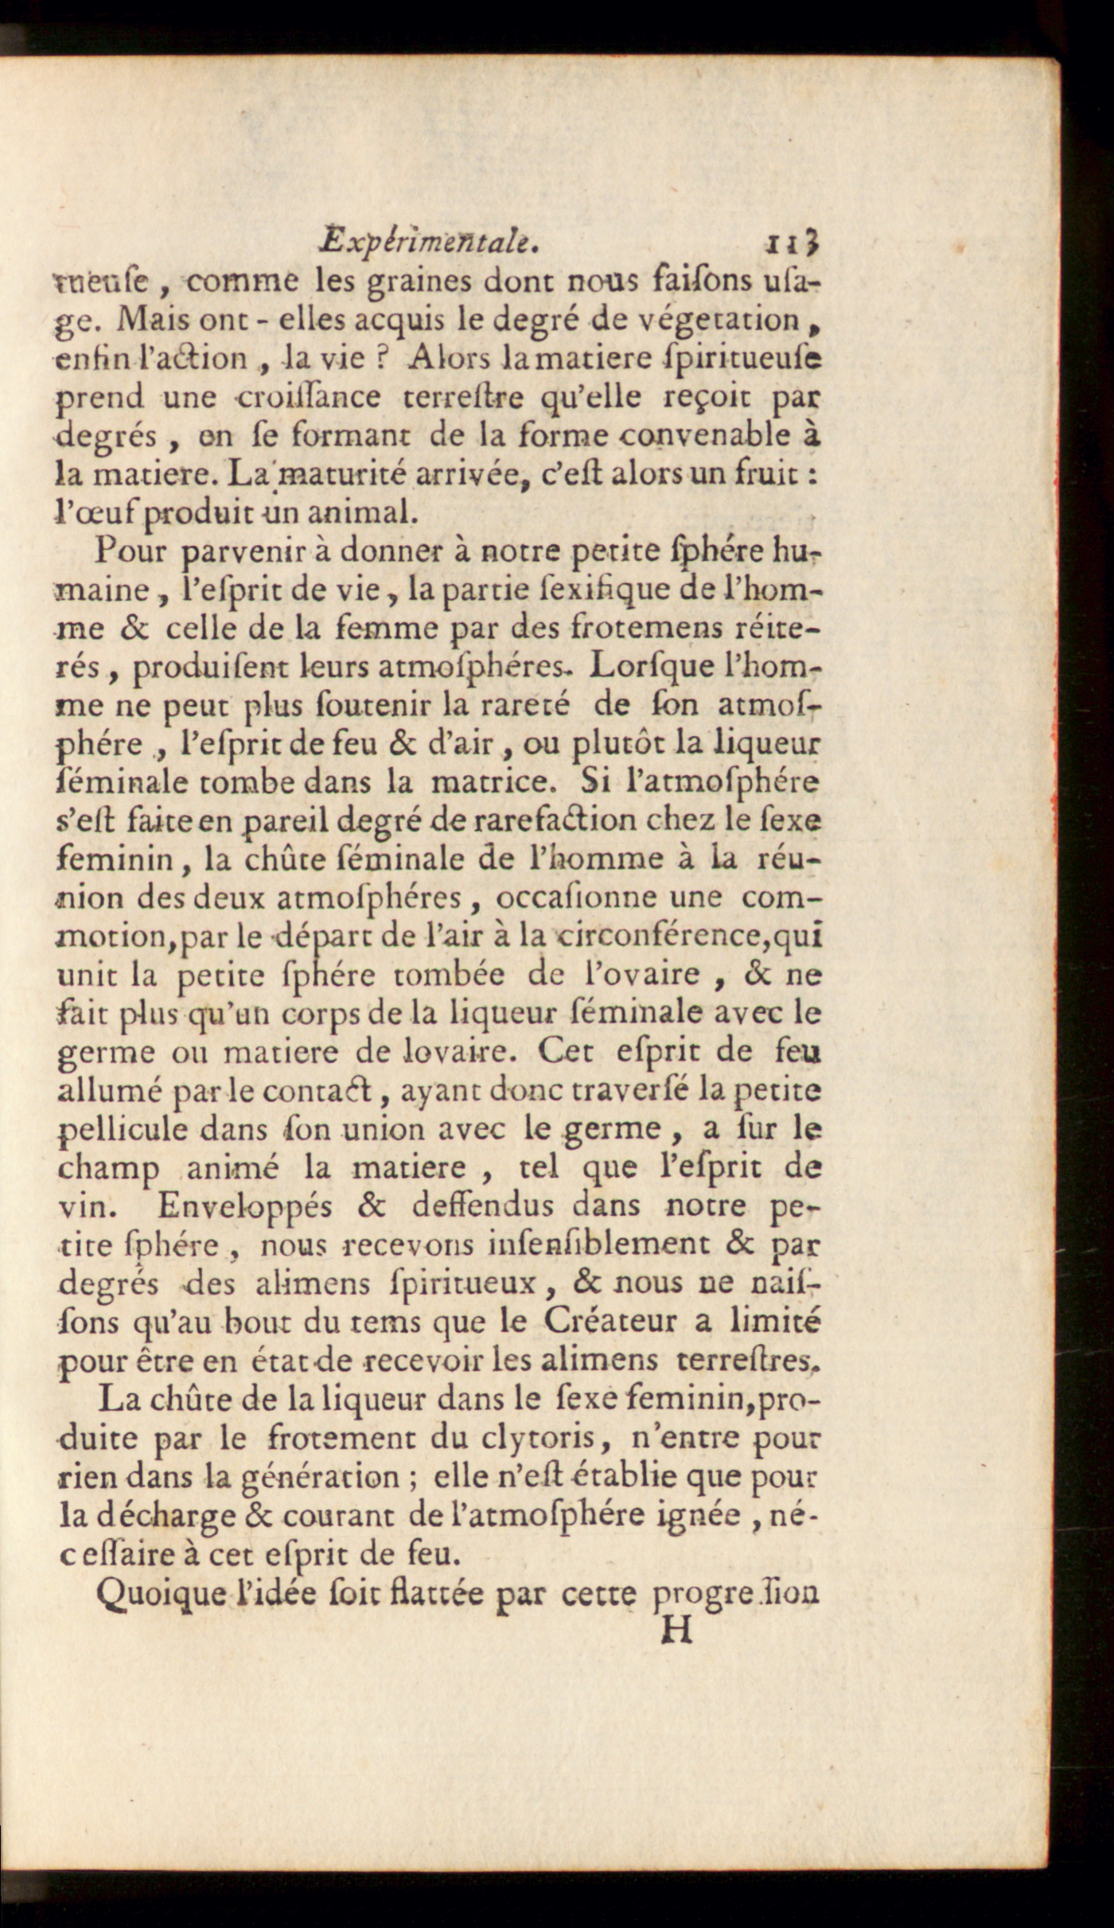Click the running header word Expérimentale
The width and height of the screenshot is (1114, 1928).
[x=429, y=241]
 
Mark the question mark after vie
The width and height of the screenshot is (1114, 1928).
[x=381, y=359]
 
